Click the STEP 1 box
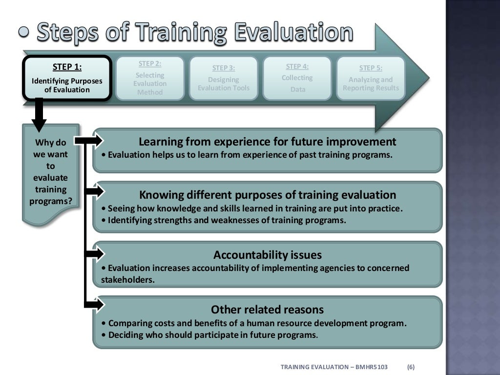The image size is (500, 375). click(67, 79)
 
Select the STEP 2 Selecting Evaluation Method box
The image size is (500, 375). click(150, 78)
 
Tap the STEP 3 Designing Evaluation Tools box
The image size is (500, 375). click(224, 79)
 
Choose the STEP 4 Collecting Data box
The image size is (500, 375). click(297, 78)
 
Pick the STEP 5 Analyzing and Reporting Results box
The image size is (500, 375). click(371, 79)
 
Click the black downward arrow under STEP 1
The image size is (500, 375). click(39, 115)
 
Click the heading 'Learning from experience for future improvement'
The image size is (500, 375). click(267, 142)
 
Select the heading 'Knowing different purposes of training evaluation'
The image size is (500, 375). click(267, 195)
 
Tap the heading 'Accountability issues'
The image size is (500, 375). click(267, 255)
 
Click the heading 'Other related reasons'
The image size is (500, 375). click(267, 310)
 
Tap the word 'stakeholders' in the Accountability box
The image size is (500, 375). click(127, 280)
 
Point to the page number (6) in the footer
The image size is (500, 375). click(411, 367)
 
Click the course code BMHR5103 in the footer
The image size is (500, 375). click(375, 367)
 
